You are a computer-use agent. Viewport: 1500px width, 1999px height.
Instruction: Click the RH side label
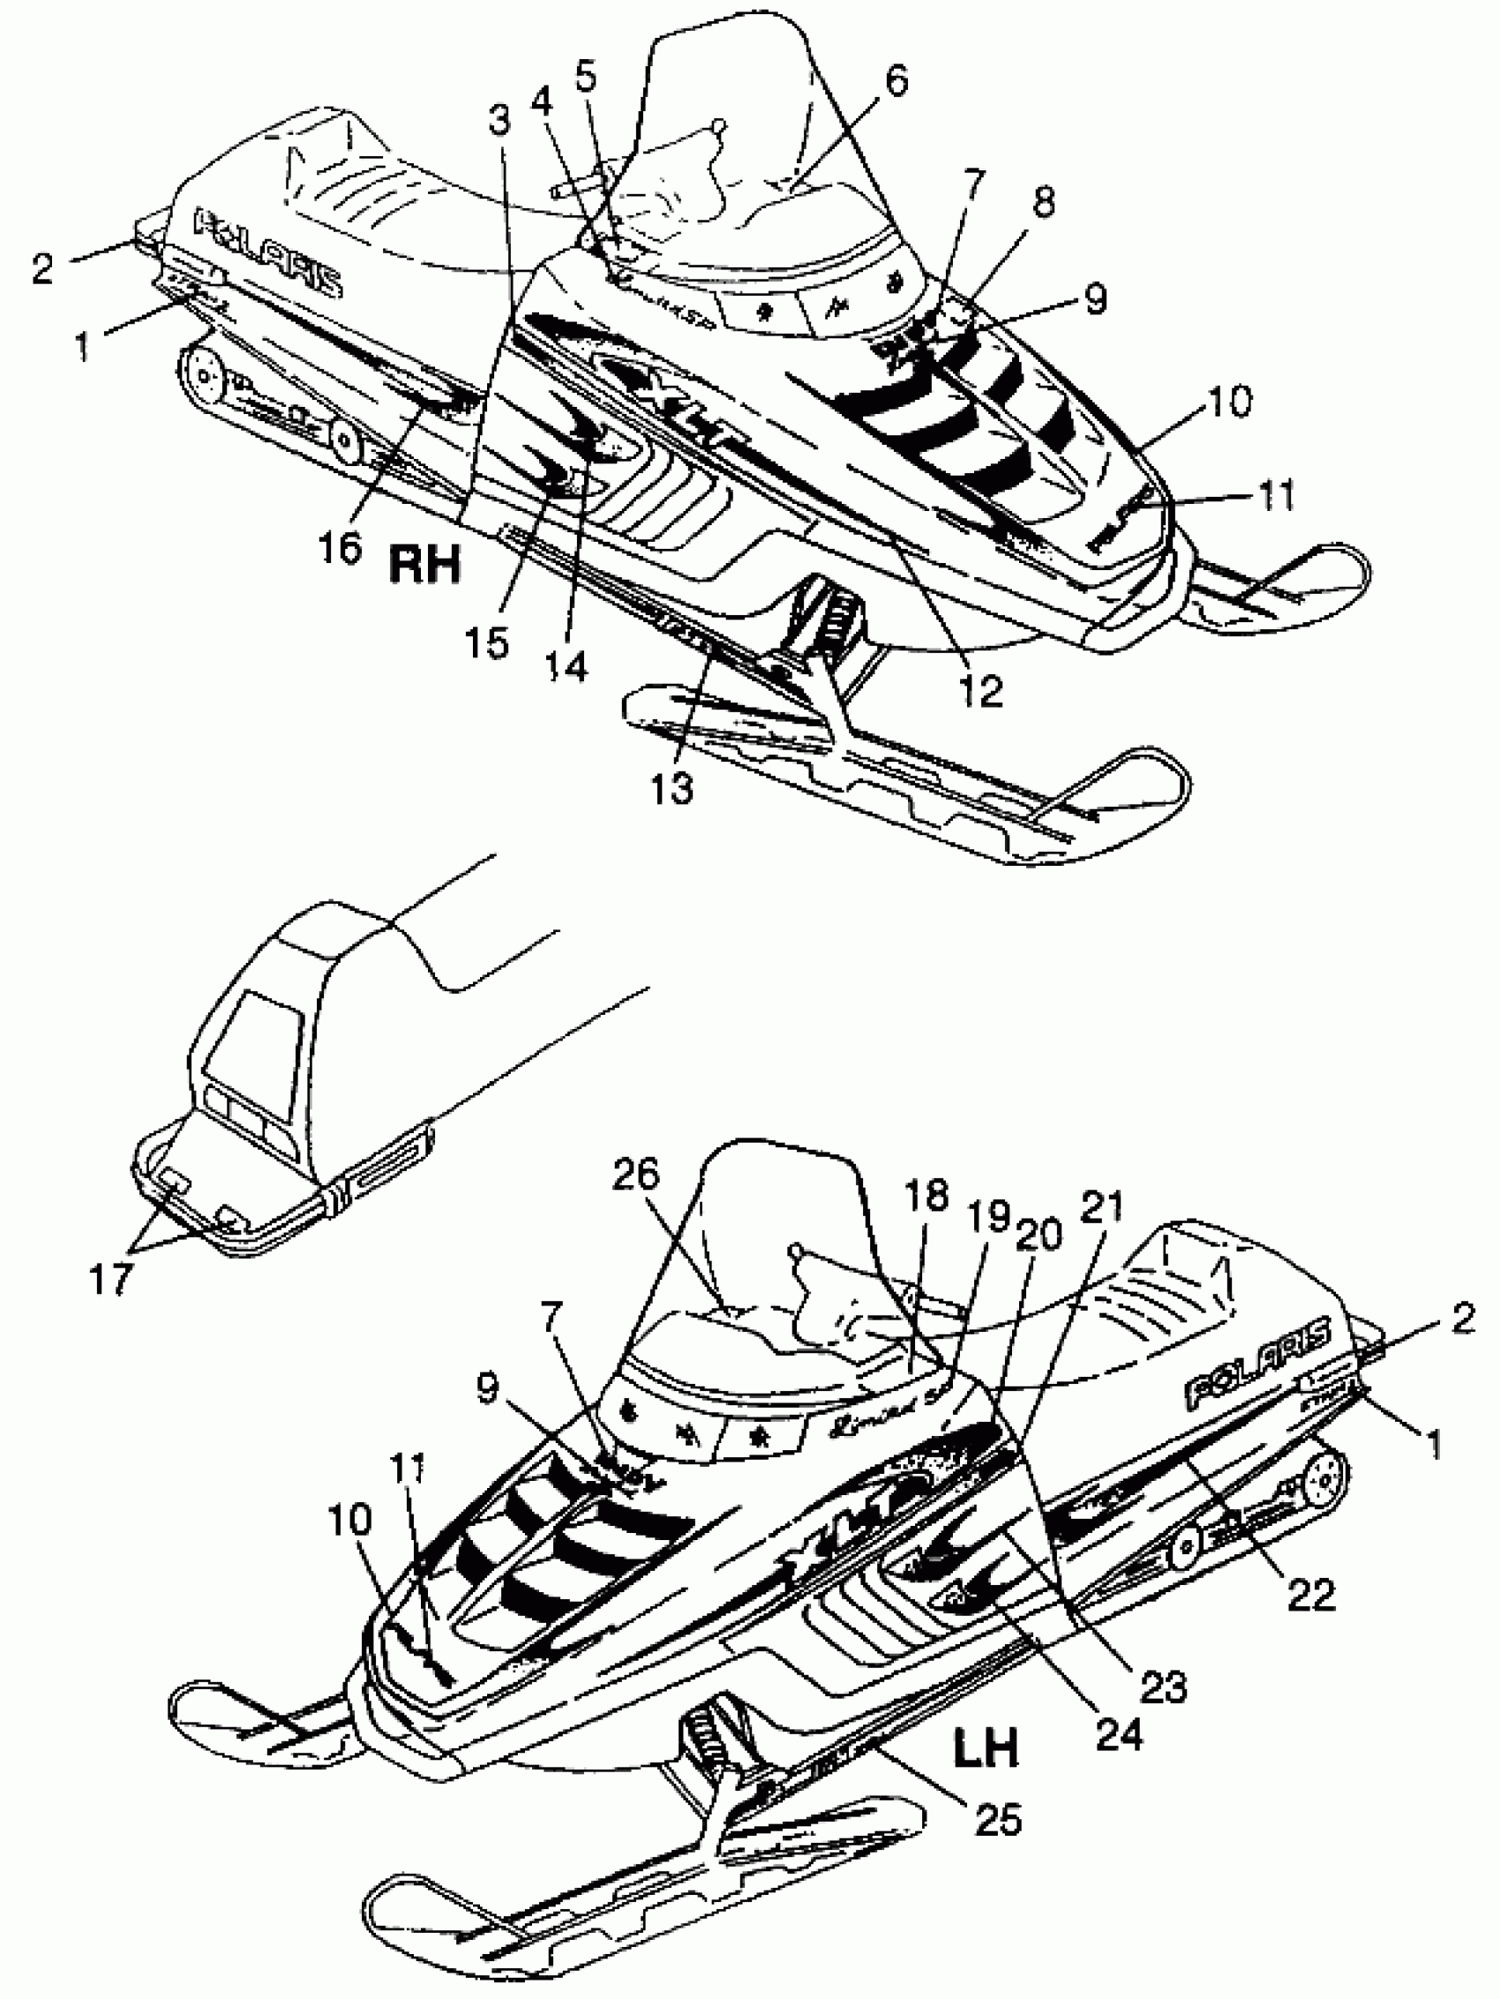(424, 564)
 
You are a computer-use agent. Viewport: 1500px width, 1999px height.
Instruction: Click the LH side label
(986, 1747)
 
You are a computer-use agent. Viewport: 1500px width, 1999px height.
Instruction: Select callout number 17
(111, 1278)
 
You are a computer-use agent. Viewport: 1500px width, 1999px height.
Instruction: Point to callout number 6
(895, 80)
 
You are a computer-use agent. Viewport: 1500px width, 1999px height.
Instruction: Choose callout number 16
(340, 545)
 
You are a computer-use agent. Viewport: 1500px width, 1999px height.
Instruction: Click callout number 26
(636, 1175)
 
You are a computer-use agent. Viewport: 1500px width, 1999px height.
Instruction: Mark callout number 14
(568, 667)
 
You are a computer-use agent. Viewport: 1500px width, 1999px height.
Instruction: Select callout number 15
(488, 643)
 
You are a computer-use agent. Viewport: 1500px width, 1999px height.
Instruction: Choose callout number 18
(926, 1196)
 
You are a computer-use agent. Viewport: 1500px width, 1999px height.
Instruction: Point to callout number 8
(1043, 202)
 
